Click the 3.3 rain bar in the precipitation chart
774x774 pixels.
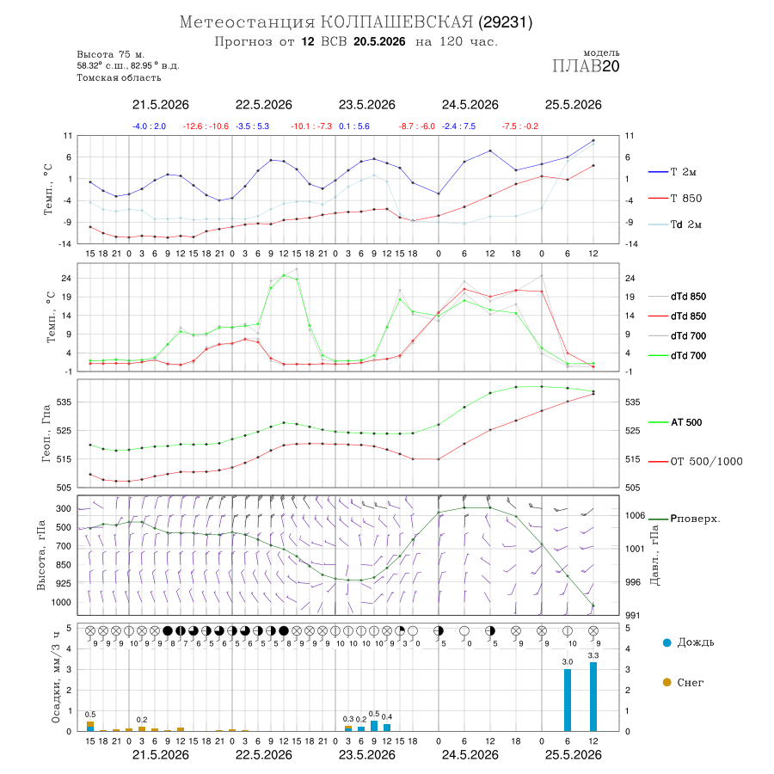(x=593, y=697)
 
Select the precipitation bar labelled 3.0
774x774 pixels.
(x=568, y=700)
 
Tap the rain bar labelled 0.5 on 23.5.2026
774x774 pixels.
(x=374, y=726)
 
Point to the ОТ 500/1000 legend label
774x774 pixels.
(x=706, y=462)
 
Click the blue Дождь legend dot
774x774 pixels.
(x=667, y=642)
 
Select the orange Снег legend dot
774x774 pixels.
(x=667, y=682)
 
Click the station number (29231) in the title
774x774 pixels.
(x=506, y=22)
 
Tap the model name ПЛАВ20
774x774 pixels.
(x=586, y=66)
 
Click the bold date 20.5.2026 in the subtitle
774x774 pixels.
(x=379, y=41)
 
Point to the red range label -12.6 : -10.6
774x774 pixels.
(x=206, y=126)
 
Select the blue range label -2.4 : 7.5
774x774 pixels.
(x=459, y=126)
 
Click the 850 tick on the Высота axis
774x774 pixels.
(x=63, y=565)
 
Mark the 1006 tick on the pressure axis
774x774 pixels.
(x=636, y=515)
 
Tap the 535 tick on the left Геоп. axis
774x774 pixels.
(x=64, y=402)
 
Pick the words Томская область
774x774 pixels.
(x=119, y=77)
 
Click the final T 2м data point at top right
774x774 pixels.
(x=593, y=141)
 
